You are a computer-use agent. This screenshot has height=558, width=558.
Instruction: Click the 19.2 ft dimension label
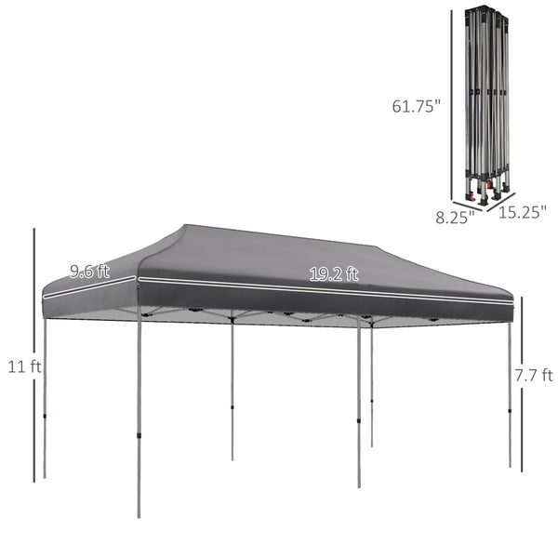click(334, 273)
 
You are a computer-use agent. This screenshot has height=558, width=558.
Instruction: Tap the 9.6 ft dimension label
click(88, 272)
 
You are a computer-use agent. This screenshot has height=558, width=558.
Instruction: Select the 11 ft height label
click(21, 366)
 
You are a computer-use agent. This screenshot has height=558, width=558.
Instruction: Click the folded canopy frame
click(486, 102)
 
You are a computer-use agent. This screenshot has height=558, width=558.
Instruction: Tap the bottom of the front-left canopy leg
click(139, 514)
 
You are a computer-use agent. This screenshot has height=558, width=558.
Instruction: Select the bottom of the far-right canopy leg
click(510, 464)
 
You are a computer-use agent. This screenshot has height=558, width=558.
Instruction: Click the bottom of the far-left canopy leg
click(45, 476)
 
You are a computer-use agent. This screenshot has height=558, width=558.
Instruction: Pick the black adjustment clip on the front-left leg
click(139, 433)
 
